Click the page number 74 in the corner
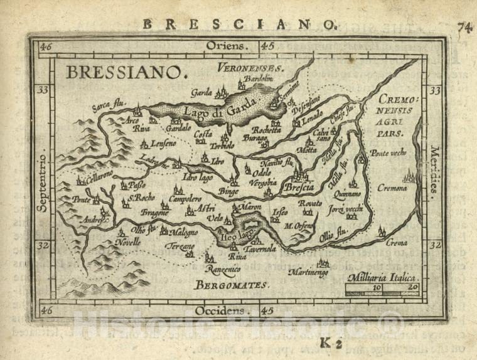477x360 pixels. [x=464, y=26]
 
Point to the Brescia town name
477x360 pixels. [x=299, y=187]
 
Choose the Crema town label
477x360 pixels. [x=397, y=243]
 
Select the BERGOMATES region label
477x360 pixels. [x=231, y=285]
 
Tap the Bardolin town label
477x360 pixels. [x=256, y=78]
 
